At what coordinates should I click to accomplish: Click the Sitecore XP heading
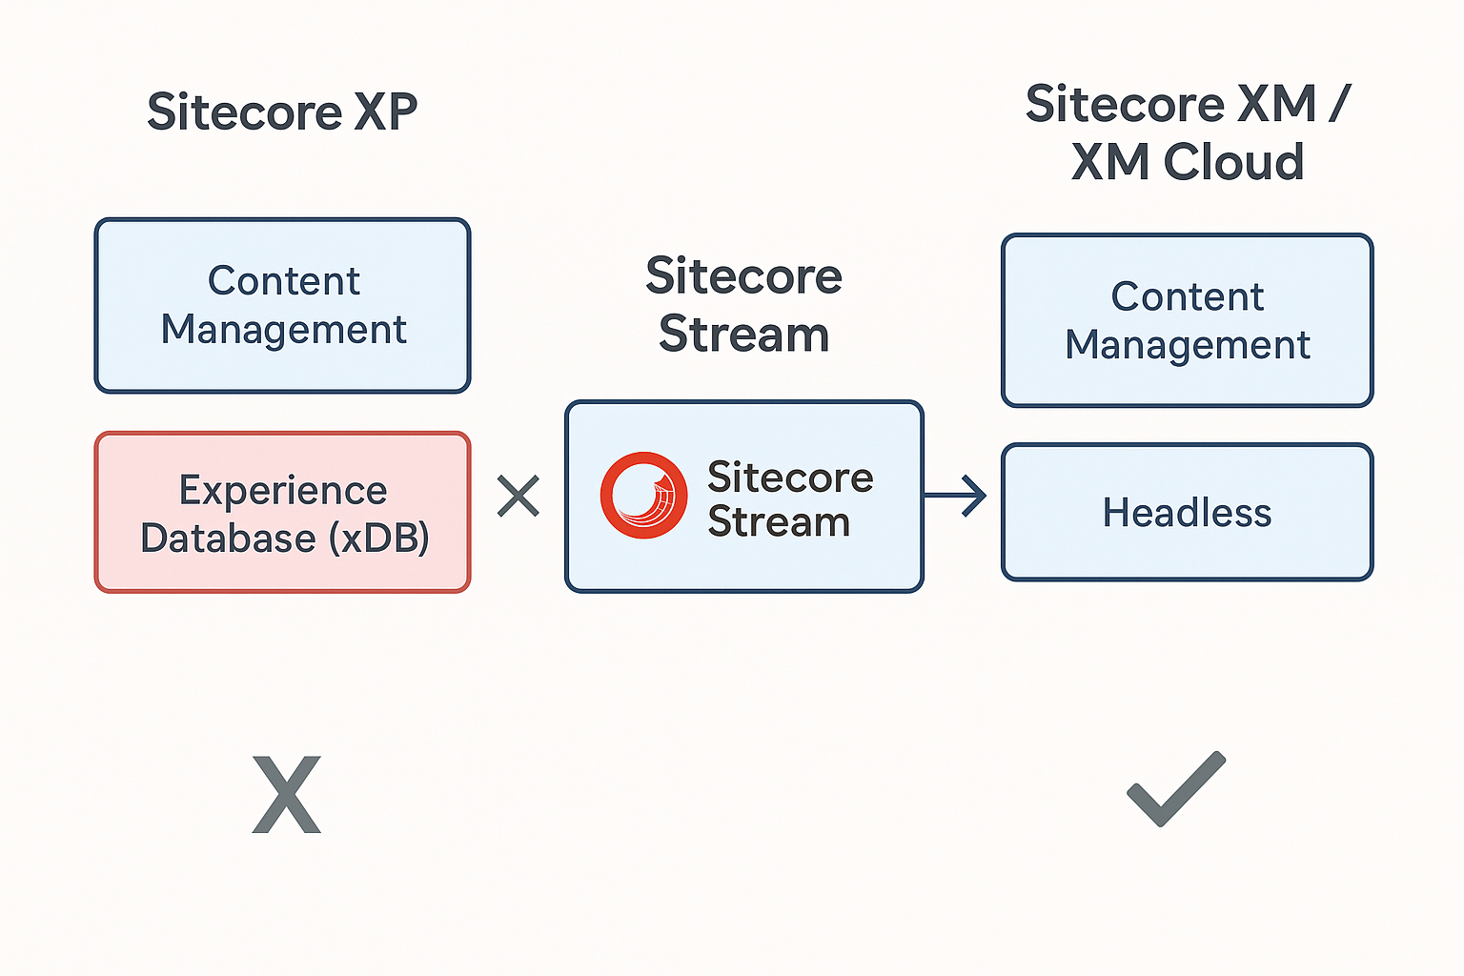click(282, 112)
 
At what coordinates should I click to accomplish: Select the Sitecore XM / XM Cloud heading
click(1188, 132)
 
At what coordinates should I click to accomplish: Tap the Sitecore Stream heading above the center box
click(743, 305)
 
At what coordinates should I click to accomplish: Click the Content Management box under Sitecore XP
click(282, 305)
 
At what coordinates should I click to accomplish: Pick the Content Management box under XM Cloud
click(1187, 320)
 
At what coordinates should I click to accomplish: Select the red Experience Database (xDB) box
click(282, 513)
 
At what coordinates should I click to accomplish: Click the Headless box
click(1187, 513)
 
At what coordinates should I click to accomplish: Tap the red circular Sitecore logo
click(643, 496)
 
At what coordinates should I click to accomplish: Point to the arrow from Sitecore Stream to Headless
click(956, 496)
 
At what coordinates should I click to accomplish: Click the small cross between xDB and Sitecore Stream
click(518, 497)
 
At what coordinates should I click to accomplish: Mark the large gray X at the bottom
click(286, 795)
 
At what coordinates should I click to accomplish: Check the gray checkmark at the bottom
click(1176, 789)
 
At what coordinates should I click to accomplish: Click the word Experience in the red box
click(283, 490)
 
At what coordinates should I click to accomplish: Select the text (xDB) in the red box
click(378, 539)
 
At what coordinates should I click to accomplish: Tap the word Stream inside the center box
click(778, 522)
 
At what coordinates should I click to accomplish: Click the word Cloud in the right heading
click(1233, 162)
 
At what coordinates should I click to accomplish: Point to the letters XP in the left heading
click(385, 112)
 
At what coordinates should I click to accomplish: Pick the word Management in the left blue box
click(283, 330)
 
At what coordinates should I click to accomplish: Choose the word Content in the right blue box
click(1187, 296)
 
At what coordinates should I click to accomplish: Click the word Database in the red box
click(228, 539)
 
